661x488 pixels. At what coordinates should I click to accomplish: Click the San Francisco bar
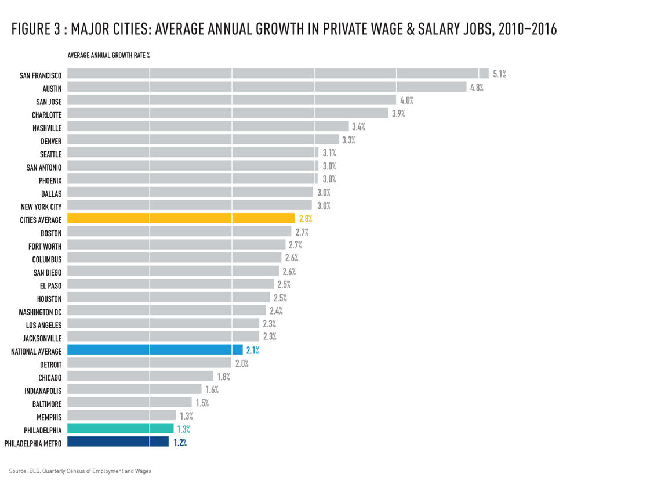pyautogui.click(x=277, y=74)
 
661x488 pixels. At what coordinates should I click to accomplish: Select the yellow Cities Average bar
pyautogui.click(x=180, y=219)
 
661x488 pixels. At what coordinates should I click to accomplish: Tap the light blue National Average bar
pyautogui.click(x=155, y=349)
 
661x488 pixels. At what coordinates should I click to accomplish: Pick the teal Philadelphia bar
pyautogui.click(x=120, y=428)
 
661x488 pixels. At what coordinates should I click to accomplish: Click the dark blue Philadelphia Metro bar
pyautogui.click(x=118, y=442)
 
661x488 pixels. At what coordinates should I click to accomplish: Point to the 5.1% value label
pyautogui.click(x=499, y=74)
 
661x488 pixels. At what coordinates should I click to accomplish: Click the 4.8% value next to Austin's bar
pyautogui.click(x=476, y=88)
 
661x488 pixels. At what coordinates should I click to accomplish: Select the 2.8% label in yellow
pyautogui.click(x=306, y=219)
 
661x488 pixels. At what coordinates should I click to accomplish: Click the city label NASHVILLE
pyautogui.click(x=47, y=127)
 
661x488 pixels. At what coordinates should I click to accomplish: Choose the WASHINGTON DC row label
pyautogui.click(x=39, y=312)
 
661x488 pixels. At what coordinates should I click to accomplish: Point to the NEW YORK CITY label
pyautogui.click(x=41, y=207)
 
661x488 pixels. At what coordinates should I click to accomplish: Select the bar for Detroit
pyautogui.click(x=150, y=363)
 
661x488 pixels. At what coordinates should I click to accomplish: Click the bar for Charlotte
pyautogui.click(x=227, y=113)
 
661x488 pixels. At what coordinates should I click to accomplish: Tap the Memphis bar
pyautogui.click(x=121, y=415)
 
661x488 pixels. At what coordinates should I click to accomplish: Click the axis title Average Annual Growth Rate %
pyautogui.click(x=109, y=56)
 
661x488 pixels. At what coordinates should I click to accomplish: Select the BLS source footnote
pyautogui.click(x=80, y=471)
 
